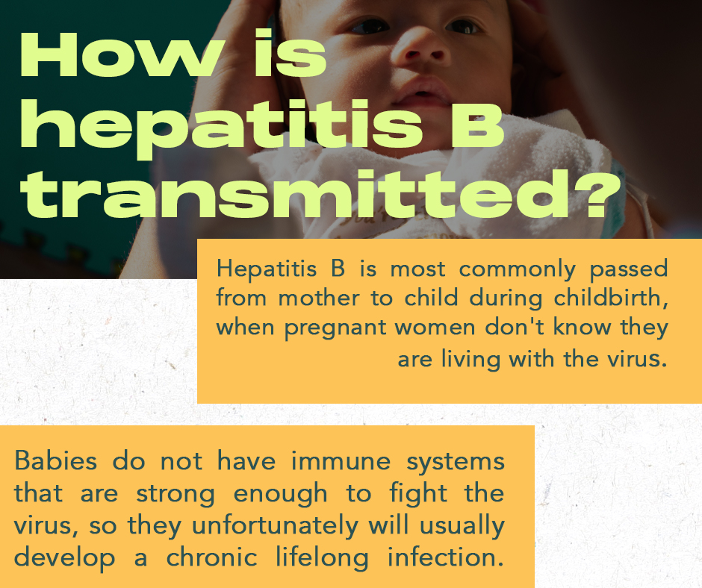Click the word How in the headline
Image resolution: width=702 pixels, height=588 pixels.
coord(122,54)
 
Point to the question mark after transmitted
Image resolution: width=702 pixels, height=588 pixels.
coord(597,193)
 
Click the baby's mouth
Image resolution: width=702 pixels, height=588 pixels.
coord(423,91)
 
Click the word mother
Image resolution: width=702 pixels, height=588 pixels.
coord(319,298)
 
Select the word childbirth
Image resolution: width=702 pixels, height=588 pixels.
coord(611,298)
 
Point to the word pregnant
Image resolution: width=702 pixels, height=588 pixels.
coord(335,328)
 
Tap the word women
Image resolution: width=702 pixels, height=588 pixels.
coord(435,328)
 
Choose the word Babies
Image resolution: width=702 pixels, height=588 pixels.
coord(55,460)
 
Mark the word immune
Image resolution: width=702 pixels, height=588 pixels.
coord(341,460)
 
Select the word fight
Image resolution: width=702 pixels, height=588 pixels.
coord(418,492)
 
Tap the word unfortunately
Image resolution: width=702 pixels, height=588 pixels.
coord(275,526)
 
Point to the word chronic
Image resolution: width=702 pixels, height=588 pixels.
coord(212,557)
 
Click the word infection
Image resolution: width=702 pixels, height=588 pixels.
coord(445,557)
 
